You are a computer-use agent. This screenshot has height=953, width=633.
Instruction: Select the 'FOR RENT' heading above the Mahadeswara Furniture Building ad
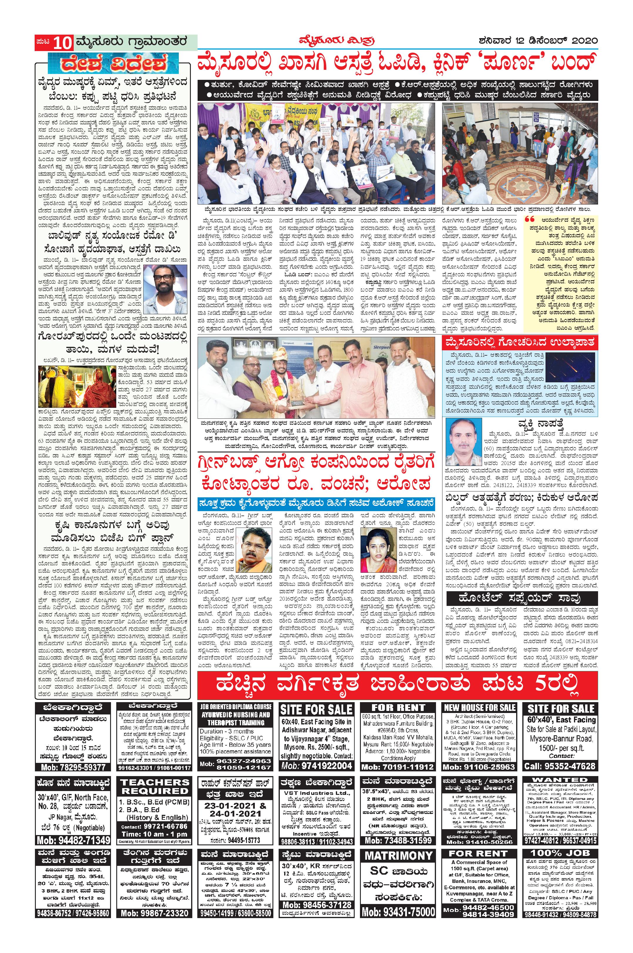[398, 719]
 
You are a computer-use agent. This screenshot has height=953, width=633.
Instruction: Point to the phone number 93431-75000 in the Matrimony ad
[398, 943]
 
